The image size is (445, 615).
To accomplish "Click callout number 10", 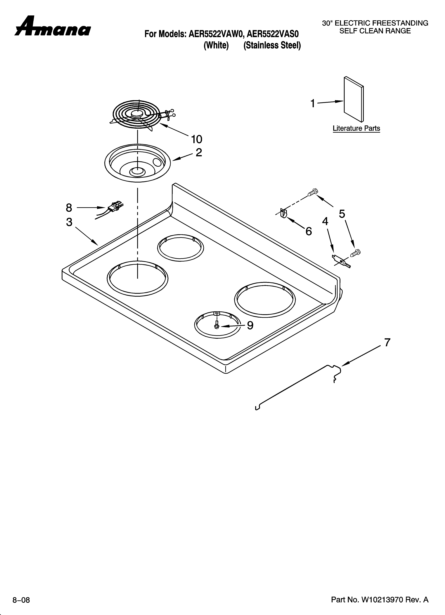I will (x=196, y=139).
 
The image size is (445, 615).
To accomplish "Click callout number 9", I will (x=250, y=325).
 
